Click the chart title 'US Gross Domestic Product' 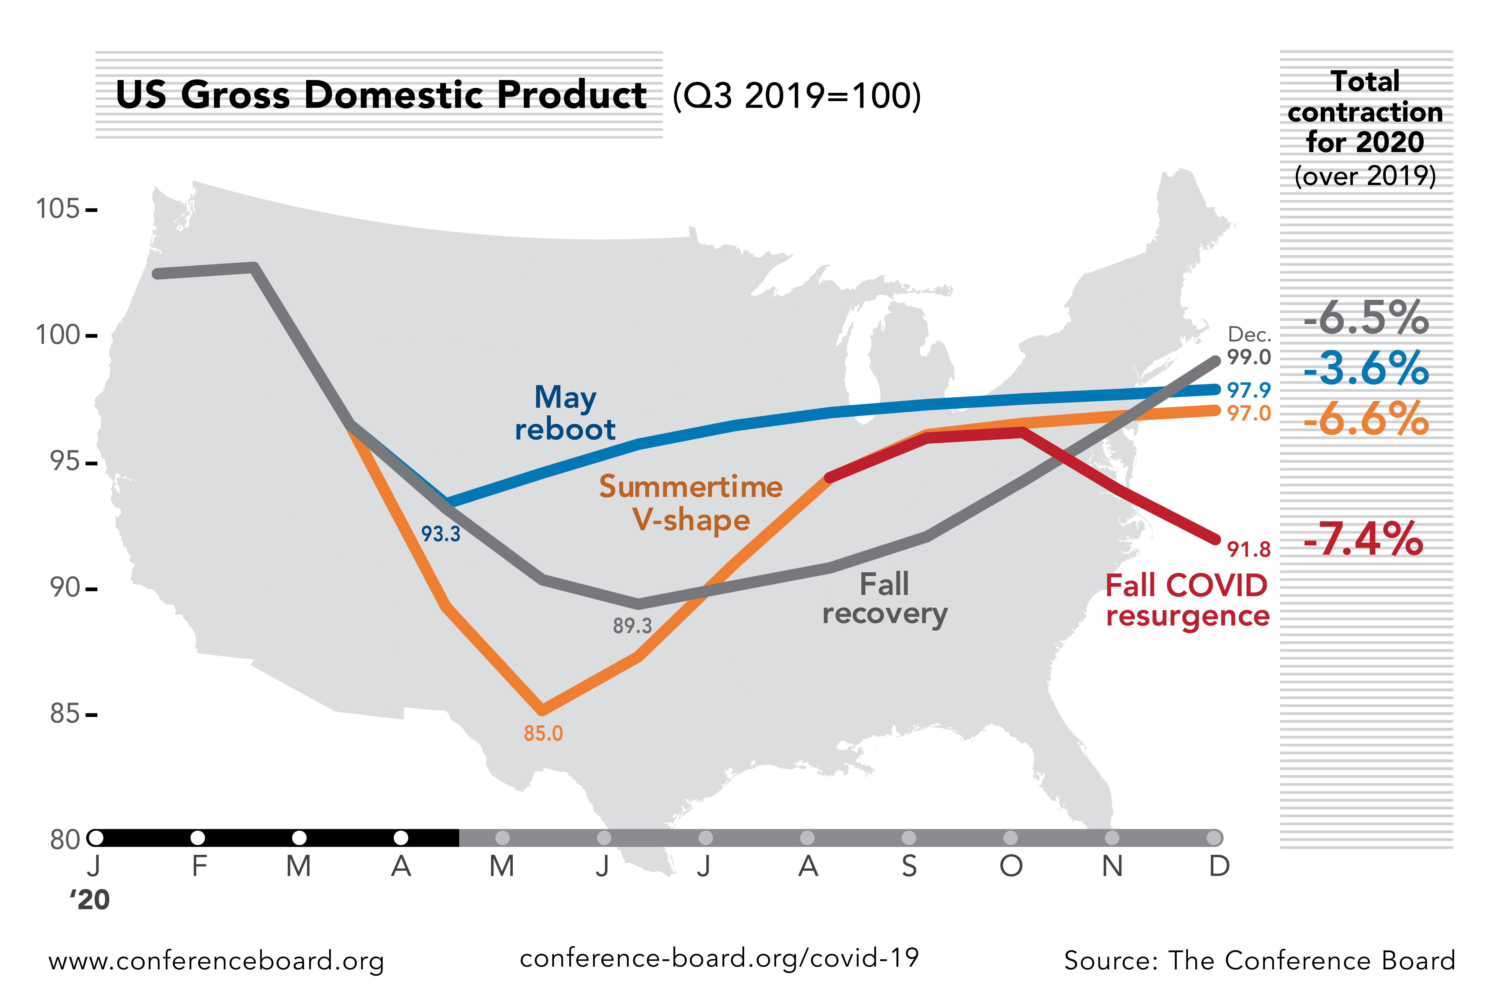coord(381,96)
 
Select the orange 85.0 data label coord(543,733)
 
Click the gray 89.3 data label coord(632,626)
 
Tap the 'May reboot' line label coord(565,413)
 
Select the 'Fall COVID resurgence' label coord(1187,600)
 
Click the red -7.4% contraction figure coord(1363,539)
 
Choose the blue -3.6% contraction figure coord(1366,368)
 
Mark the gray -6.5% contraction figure coord(1366,317)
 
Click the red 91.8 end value coord(1249,549)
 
